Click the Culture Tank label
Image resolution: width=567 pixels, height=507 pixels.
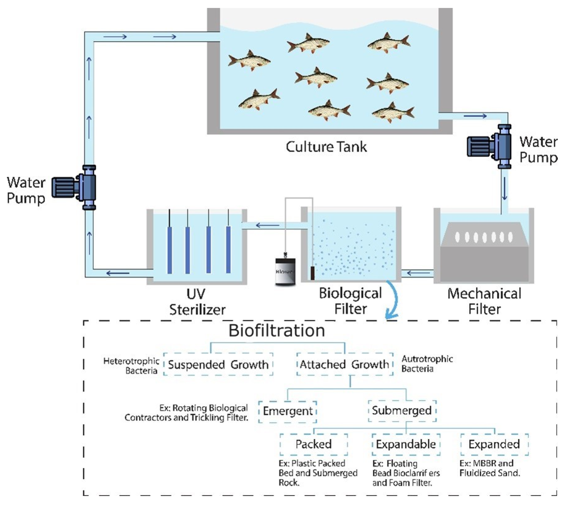pyautogui.click(x=326, y=147)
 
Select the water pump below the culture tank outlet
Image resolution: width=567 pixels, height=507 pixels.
pyautogui.click(x=490, y=147)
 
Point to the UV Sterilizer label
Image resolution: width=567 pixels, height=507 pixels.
pyautogui.click(x=197, y=302)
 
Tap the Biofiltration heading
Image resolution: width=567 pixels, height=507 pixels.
pyautogui.click(x=277, y=331)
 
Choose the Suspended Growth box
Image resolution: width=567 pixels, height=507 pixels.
pyautogui.click(x=218, y=364)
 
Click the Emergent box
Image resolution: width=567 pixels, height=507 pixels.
pyautogui.click(x=288, y=412)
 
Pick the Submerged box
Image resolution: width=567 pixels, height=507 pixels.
pyautogui.click(x=402, y=411)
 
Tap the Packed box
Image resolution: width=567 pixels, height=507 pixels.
pyautogui.click(x=314, y=444)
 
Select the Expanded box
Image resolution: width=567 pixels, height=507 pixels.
pyautogui.click(x=494, y=444)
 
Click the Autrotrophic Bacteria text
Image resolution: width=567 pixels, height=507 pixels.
pyautogui.click(x=427, y=364)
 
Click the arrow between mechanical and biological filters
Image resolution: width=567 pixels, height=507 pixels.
pyautogui.click(x=418, y=273)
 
